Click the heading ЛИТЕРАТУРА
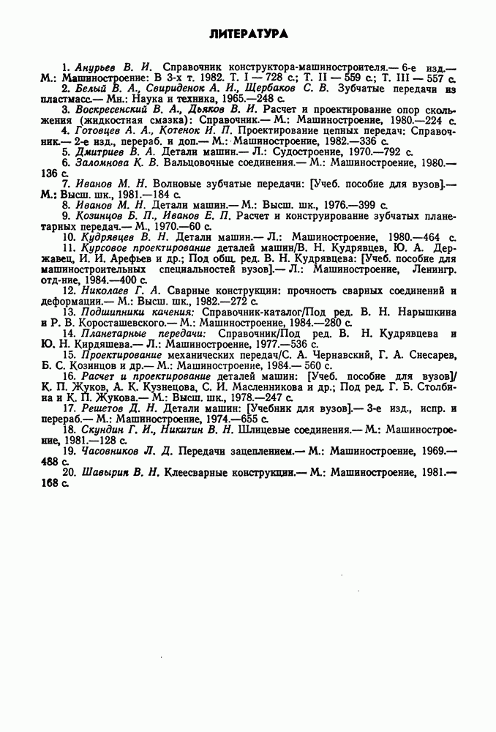coord(248,34)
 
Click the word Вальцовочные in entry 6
coord(198,163)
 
